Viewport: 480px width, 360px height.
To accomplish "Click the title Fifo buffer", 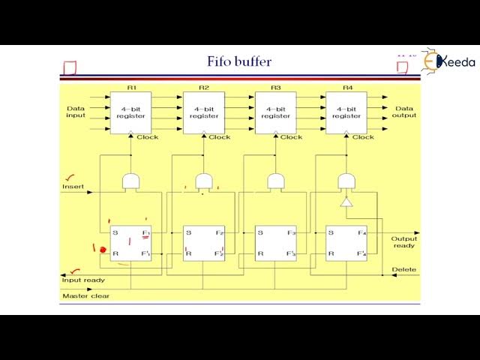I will [239, 61].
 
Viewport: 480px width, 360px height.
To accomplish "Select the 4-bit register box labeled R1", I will [130, 112].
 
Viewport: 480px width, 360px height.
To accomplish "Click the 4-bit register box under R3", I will [275, 112].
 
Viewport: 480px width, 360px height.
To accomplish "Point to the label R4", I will [347, 88].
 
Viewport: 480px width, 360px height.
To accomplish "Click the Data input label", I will [76, 112].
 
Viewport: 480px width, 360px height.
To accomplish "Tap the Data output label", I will [404, 112].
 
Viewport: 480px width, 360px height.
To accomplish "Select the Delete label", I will [403, 269].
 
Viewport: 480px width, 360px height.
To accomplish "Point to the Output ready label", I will [404, 242].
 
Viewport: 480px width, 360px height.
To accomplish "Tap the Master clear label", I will [85, 295].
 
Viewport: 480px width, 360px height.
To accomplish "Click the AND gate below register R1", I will [130, 181].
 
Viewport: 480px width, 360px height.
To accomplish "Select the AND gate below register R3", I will [276, 181].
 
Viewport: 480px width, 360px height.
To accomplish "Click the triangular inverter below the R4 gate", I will [346, 202].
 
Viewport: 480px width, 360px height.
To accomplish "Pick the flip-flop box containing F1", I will [130, 242].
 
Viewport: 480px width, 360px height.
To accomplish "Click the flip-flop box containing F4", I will [346, 242].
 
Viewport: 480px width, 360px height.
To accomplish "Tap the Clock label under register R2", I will [219, 137].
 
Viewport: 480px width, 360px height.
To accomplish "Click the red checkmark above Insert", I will [70, 178].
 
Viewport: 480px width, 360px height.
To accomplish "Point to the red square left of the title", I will [70, 68].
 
